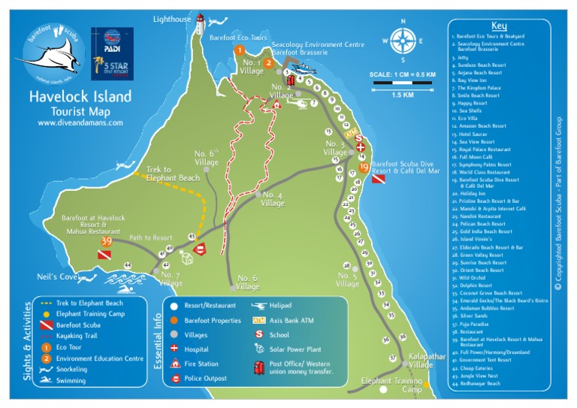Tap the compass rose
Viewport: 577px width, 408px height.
(403, 41)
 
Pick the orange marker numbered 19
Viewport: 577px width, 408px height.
(364, 168)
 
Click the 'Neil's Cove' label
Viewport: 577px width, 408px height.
(58, 277)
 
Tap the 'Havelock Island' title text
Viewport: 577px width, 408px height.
(80, 96)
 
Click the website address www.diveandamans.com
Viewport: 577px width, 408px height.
(80, 122)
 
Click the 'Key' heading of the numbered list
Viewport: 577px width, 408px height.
(499, 26)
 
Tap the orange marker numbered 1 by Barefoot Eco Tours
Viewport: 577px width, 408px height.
(240, 50)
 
